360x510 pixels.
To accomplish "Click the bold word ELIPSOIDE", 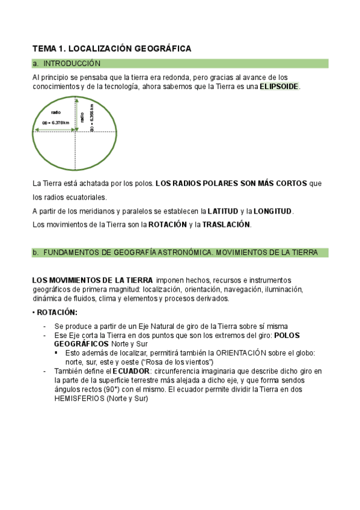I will tap(279, 87).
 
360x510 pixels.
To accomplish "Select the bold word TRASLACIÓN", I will tap(226, 225).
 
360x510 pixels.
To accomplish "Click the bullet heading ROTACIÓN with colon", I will tap(56, 312).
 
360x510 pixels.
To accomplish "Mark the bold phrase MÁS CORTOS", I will tap(283, 183).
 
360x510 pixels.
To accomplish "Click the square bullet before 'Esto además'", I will tap(56, 353).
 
